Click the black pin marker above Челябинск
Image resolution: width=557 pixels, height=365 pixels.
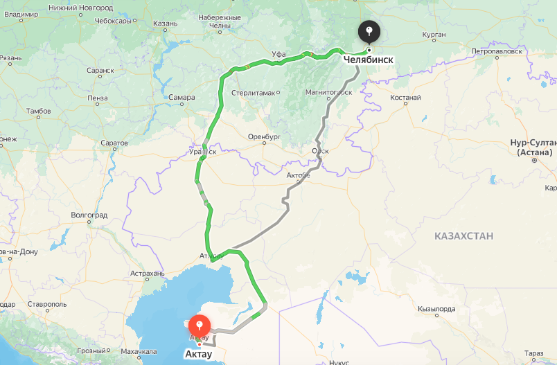coord(369,31)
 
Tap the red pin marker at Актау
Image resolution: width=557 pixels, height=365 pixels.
coord(200,326)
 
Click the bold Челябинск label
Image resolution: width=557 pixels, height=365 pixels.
coord(369,60)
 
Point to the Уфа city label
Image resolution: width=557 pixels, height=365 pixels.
coord(260,53)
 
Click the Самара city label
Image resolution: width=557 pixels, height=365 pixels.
coord(182,97)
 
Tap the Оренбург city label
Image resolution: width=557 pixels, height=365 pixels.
coord(265,137)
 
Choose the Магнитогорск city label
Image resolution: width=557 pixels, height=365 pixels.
coord(329,91)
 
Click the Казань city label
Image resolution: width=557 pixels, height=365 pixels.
coord(166,23)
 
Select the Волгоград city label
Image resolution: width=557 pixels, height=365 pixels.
coord(89,215)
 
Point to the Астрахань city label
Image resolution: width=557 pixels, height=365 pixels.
coord(147,274)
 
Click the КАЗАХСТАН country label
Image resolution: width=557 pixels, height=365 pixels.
coord(464,236)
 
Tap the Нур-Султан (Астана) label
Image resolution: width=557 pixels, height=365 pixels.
coord(531,147)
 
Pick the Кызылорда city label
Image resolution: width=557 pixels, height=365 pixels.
coord(436,309)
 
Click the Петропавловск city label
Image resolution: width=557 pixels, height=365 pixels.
coord(495,51)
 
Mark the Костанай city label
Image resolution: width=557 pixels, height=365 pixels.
coord(405,98)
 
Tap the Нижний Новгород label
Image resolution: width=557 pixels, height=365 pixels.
coord(81,7)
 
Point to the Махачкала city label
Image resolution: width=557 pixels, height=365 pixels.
coord(137,352)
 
